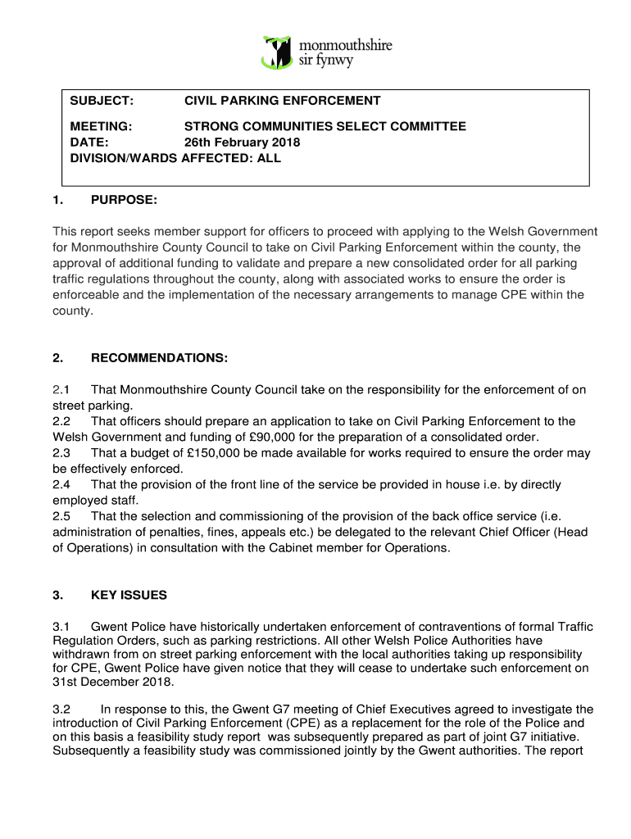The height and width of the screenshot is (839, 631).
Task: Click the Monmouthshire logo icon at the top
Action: [276, 51]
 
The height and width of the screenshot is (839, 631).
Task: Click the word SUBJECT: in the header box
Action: [102, 101]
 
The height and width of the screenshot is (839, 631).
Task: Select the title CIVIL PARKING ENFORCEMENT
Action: [282, 101]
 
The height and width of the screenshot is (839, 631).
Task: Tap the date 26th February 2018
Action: [242, 143]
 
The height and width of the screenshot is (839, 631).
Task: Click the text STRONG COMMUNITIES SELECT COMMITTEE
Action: [325, 126]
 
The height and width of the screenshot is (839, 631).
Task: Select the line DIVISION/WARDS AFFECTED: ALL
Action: [175, 158]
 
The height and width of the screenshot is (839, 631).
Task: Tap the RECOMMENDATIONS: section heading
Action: [159, 358]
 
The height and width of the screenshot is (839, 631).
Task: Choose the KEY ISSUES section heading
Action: [129, 596]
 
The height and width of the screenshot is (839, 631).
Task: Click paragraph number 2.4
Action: [61, 485]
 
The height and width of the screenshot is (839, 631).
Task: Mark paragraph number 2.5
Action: [61, 517]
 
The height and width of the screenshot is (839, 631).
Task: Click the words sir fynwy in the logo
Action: [325, 60]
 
